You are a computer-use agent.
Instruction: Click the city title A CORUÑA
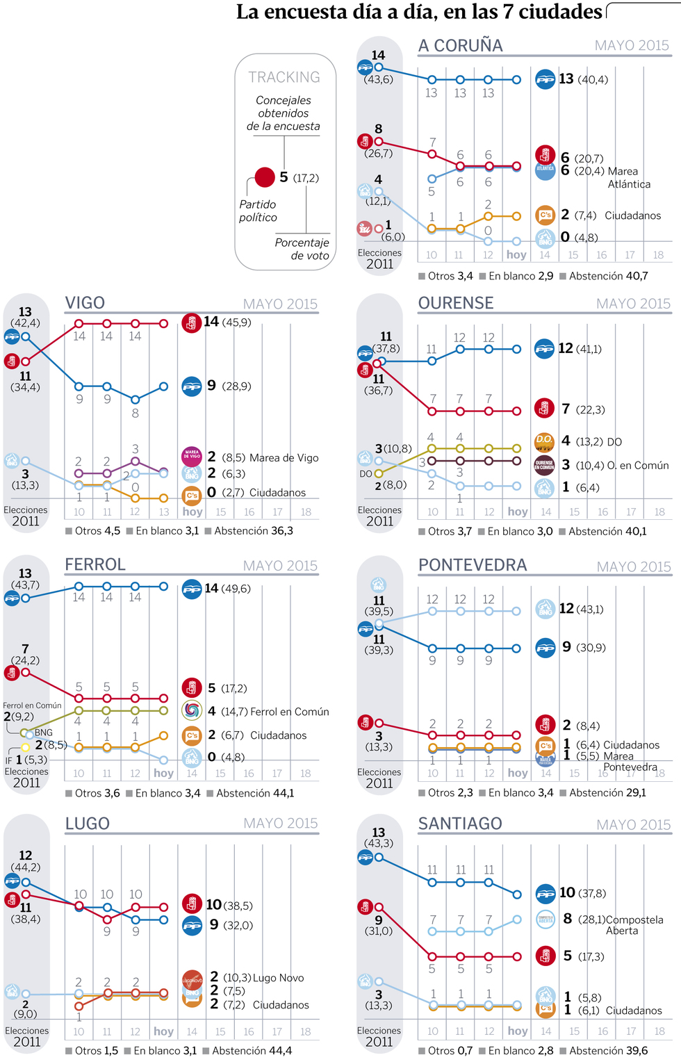pos(460,46)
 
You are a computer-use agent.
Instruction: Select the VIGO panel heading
pos(85,303)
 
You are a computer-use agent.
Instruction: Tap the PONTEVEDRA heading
pos(473,565)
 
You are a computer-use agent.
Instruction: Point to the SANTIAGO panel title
pos(460,824)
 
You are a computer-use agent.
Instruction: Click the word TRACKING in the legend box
pos(284,77)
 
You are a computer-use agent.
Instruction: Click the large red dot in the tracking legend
pos(265,177)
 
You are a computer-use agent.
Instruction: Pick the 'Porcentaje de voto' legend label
pos(302,249)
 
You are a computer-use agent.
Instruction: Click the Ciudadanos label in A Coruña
pos(632,215)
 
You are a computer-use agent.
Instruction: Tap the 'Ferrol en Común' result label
pos(289,712)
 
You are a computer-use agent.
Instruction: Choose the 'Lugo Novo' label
pos(278,978)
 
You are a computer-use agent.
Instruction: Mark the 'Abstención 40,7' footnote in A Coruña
pos(608,276)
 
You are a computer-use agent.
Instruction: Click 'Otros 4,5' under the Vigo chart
pos(97,531)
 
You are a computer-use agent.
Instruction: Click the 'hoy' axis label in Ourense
pos(518,512)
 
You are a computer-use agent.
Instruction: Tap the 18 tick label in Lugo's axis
pos(306,1032)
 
